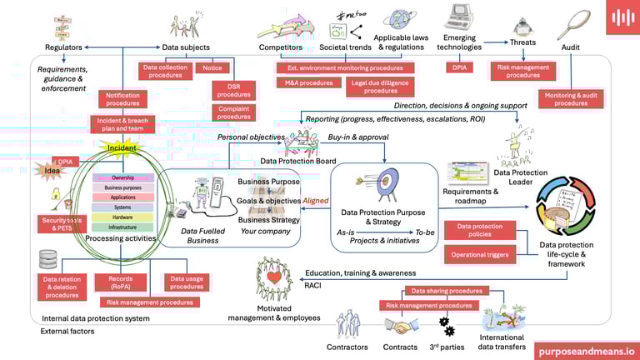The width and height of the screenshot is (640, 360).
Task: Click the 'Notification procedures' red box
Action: click(122, 99)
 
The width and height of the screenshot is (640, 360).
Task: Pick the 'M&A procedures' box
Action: click(302, 82)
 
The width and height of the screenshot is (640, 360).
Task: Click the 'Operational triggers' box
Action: click(480, 254)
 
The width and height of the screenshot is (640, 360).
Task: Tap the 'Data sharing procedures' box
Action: click(447, 291)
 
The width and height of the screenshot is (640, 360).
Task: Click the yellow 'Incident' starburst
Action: click(122, 148)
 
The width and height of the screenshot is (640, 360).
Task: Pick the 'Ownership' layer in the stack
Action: click(122, 177)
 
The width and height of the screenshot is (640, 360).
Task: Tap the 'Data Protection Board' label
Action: click(298, 161)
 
